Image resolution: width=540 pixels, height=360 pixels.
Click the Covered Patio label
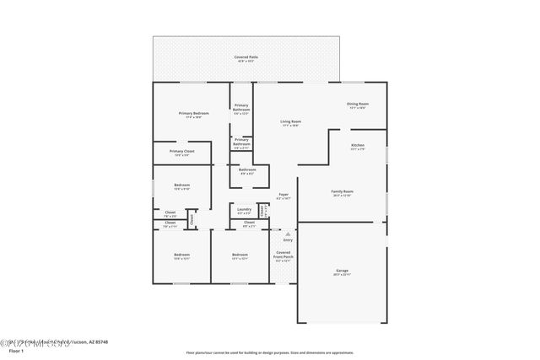(246, 57)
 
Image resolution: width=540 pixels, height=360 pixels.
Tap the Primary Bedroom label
(193, 114)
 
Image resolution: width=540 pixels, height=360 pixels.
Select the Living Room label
(291, 122)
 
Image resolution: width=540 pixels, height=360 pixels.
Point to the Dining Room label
(358, 105)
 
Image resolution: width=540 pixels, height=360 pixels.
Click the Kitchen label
(358, 147)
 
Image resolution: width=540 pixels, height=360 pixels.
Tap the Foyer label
(283, 196)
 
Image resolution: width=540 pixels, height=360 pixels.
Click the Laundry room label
(244, 210)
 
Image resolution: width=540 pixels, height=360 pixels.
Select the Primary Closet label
(182, 153)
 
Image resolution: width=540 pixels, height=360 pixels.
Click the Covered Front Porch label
(283, 255)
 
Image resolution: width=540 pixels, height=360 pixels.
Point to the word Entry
(288, 240)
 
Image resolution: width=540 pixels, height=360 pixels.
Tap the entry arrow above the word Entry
(288, 233)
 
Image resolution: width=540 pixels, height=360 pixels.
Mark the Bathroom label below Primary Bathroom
(246, 170)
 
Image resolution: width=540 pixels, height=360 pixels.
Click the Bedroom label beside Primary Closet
(182, 186)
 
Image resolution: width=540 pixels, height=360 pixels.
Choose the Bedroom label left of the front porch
(240, 255)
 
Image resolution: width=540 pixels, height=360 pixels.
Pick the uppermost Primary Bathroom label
(241, 107)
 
